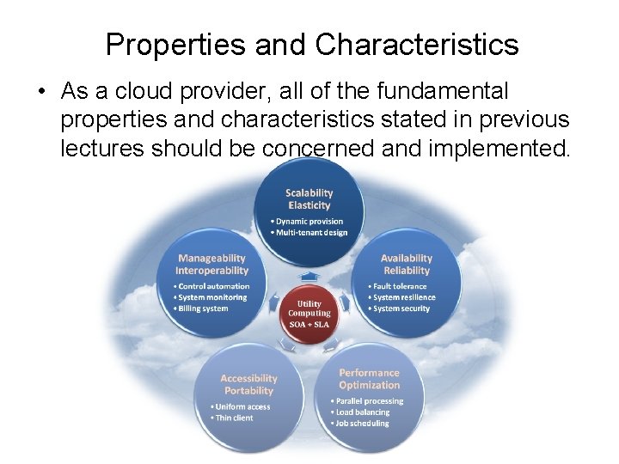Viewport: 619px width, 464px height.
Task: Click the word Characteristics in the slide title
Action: click(416, 45)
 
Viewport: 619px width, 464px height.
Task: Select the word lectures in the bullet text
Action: click(102, 149)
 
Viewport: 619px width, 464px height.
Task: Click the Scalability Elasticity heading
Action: click(309, 199)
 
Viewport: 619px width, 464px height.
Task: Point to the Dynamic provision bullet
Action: click(309, 222)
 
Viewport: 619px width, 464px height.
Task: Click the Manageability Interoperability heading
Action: click(211, 265)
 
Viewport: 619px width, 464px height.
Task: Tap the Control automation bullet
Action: click(213, 286)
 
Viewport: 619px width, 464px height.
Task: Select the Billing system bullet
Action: click(203, 308)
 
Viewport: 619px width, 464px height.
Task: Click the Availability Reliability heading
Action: click(407, 265)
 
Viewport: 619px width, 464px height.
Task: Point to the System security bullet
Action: click(401, 308)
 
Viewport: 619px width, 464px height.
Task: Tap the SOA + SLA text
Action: click(309, 326)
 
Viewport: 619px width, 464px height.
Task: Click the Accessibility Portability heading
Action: click(249, 384)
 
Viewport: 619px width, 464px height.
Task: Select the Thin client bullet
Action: click(235, 418)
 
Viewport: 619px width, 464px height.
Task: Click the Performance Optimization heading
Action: click(370, 379)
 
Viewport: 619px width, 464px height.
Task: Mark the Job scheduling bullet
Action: click(362, 424)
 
